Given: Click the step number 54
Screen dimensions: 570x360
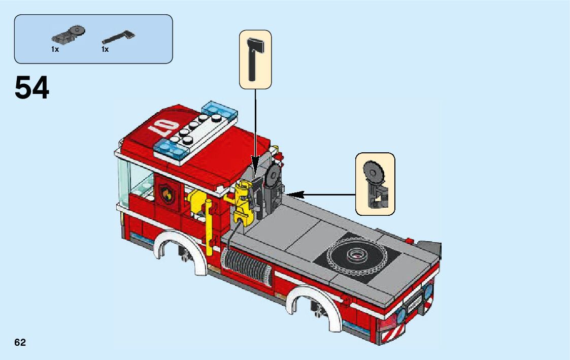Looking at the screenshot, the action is [32, 88].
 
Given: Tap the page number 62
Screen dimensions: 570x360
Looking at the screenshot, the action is [20, 343].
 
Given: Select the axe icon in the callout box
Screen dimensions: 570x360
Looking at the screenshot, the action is [255, 59].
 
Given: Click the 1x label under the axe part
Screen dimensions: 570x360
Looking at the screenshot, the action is [105, 49].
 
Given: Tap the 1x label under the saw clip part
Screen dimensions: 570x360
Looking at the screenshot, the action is [55, 49].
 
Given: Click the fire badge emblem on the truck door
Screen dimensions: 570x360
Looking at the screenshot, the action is [166, 193].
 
